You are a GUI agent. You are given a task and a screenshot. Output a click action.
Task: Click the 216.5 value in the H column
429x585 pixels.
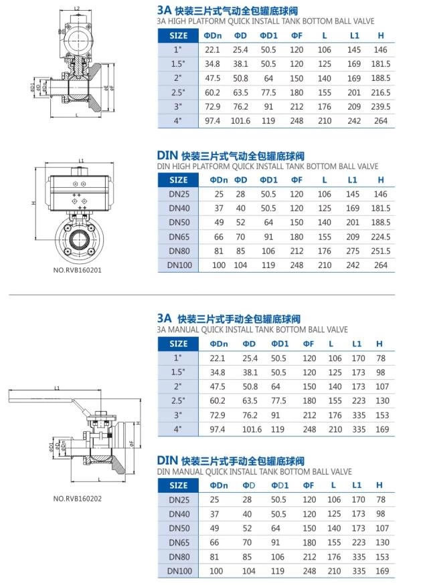(380, 92)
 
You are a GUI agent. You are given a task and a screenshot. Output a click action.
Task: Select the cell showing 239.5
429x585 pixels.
(380, 107)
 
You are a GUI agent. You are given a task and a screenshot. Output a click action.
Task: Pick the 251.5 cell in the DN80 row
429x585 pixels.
(380, 251)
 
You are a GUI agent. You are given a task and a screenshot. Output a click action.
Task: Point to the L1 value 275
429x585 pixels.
(353, 251)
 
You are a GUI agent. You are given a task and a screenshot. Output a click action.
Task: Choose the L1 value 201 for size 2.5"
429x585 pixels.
(353, 92)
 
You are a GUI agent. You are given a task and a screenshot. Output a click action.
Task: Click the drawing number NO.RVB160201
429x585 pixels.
(77, 271)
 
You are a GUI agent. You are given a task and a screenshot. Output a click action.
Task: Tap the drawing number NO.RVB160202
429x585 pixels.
(77, 498)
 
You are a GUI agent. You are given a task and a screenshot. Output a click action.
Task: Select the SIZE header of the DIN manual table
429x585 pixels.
(179, 485)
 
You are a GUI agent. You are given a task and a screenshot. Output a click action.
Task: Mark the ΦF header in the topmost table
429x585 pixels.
(296, 35)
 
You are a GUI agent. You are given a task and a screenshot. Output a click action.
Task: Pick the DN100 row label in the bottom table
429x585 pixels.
(179, 571)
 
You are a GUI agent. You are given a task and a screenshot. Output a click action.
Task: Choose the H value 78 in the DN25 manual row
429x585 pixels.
(380, 499)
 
